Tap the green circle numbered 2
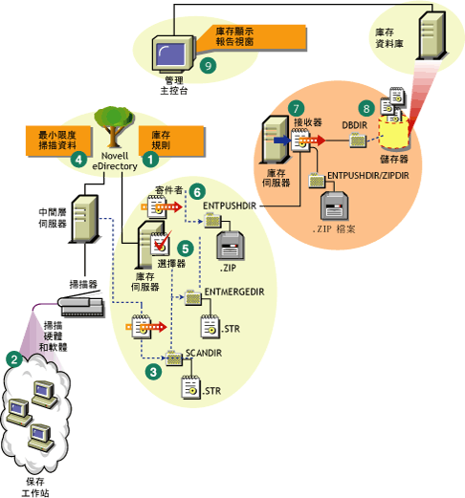13,358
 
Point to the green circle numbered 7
297,110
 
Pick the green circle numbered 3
150,367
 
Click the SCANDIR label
203,353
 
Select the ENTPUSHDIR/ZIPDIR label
374,178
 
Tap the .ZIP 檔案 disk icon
343,207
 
